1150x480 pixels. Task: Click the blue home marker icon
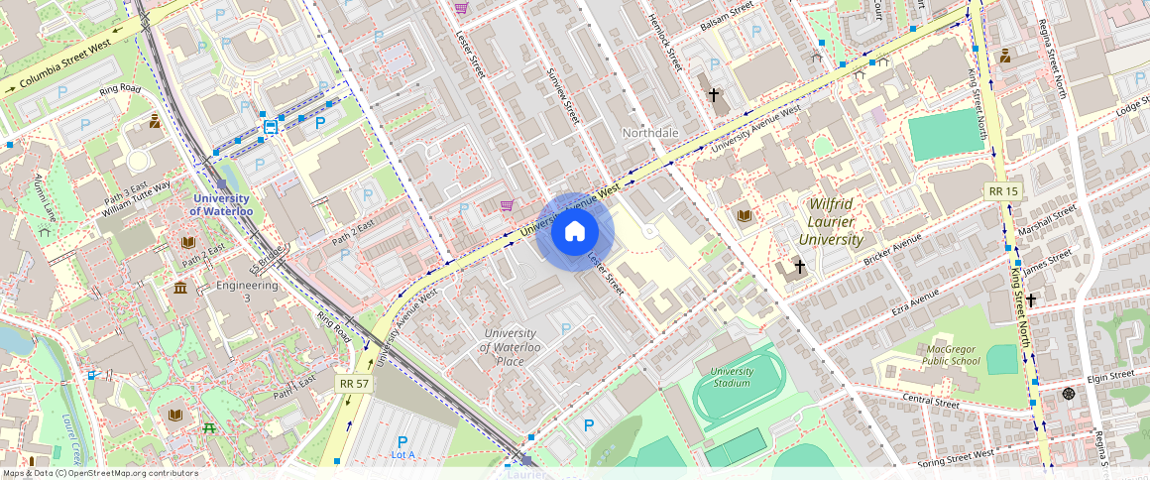pos(575,232)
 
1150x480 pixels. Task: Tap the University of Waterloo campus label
pos(222,205)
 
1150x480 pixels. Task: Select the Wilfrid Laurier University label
pos(830,221)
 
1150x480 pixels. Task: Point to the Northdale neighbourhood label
pos(650,133)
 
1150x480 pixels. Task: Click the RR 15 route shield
pos(1003,190)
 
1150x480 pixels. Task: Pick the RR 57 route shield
pos(353,383)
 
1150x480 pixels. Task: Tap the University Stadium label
pos(732,377)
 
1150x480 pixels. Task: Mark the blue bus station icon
pos(270,126)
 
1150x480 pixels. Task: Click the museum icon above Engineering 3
pos(180,288)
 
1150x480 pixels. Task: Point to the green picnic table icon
pos(209,428)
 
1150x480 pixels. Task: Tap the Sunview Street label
pos(562,95)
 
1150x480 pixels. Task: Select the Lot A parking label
pos(402,454)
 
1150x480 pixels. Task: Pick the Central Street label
pos(931,402)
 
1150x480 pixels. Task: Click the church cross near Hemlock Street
pos(713,95)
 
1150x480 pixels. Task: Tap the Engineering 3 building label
pos(248,292)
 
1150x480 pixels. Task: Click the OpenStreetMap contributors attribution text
pos(99,473)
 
